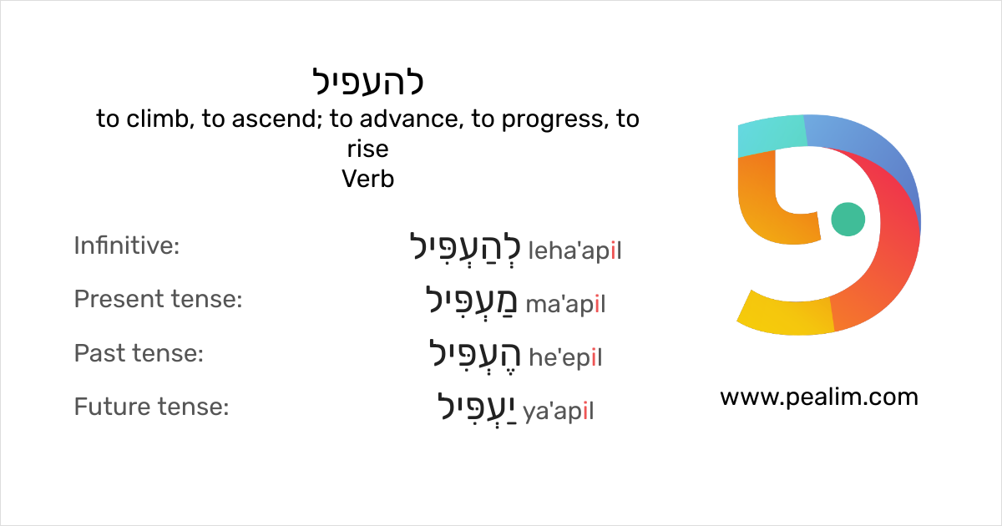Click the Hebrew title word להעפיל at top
(368, 82)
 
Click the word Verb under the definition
(368, 179)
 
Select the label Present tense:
(158, 299)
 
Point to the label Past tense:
(139, 353)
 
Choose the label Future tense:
(151, 407)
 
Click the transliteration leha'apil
(575, 250)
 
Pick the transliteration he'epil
(565, 358)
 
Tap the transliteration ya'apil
(559, 412)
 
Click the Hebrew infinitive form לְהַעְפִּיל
(465, 248)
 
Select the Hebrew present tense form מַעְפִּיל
(473, 301)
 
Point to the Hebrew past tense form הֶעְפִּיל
(474, 355)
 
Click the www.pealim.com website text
(818, 397)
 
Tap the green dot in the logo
(848, 219)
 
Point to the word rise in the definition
(368, 149)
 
